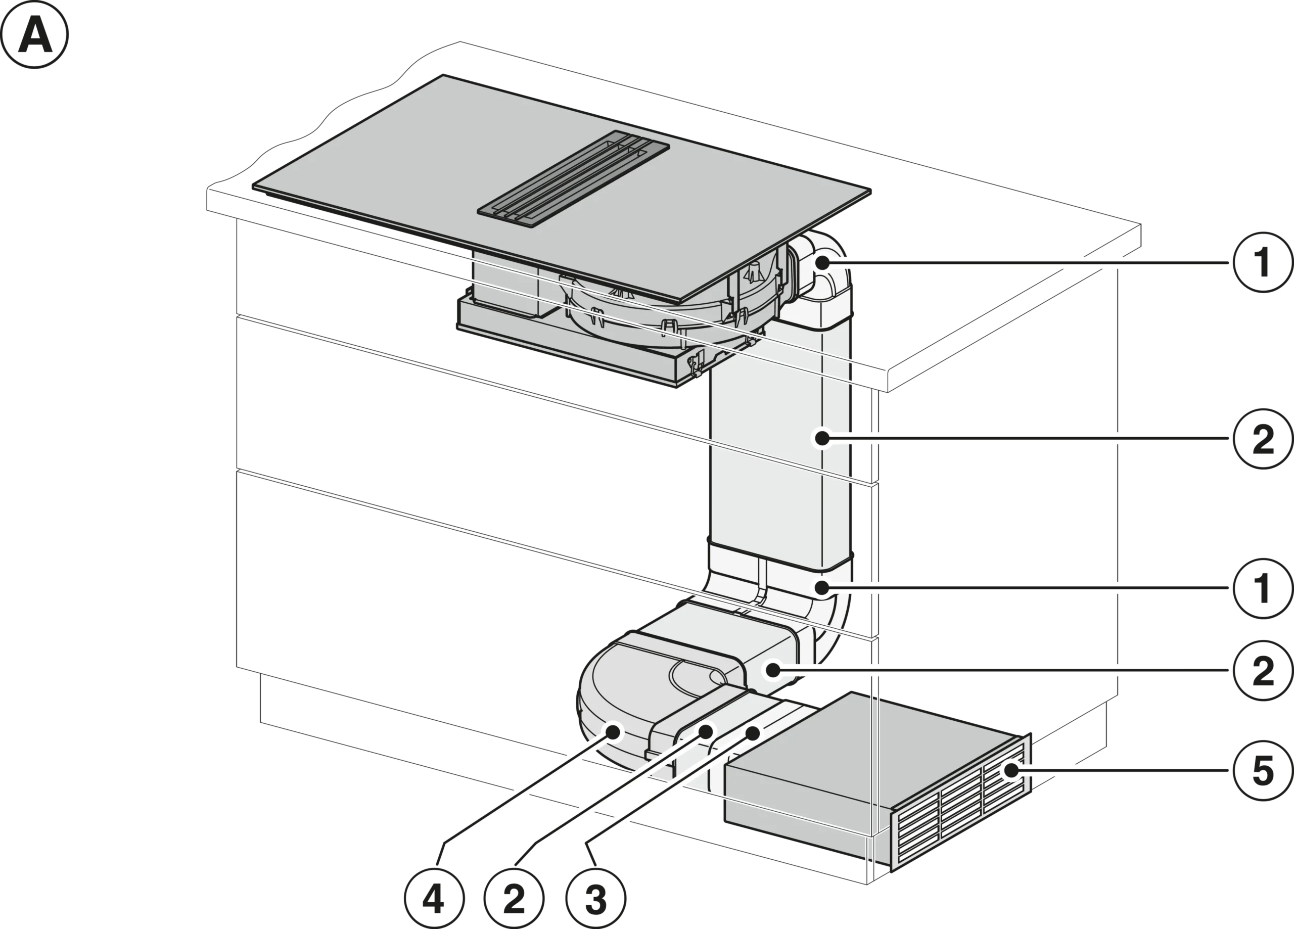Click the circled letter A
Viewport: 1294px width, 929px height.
(x=34, y=34)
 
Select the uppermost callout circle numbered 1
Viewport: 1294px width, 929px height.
(x=1263, y=262)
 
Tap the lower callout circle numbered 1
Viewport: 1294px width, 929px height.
(x=1263, y=588)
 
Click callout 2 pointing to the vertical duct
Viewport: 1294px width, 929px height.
(x=1263, y=438)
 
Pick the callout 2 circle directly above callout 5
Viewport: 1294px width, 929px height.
(x=1263, y=671)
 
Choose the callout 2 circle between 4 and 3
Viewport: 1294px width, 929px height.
(x=514, y=898)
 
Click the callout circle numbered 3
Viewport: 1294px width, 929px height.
(x=595, y=898)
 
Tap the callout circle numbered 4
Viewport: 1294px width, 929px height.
(x=434, y=898)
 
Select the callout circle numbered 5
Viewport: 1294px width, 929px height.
(x=1263, y=770)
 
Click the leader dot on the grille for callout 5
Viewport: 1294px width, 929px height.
(x=1011, y=770)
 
